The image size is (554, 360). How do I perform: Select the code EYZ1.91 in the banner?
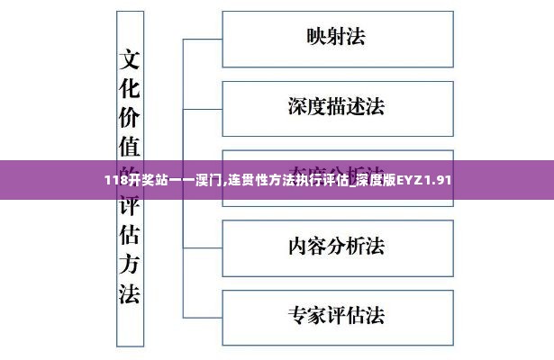(422, 180)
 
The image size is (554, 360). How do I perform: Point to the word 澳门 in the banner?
(209, 180)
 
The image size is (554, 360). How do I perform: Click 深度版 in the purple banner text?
(373, 180)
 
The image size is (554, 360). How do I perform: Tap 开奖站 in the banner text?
(148, 180)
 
